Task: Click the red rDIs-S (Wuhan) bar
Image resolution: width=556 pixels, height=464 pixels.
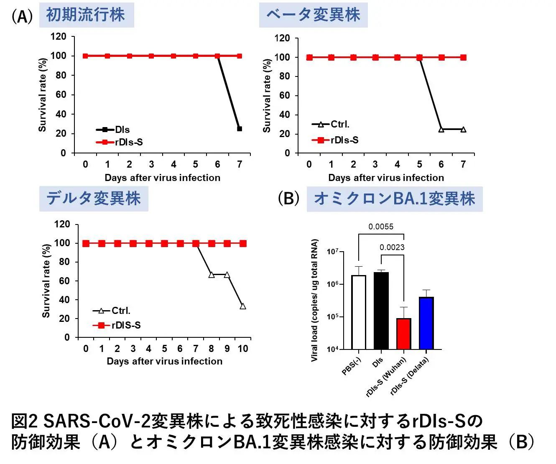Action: click(x=404, y=334)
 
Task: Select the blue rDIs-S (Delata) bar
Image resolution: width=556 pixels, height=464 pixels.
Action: click(x=426, y=323)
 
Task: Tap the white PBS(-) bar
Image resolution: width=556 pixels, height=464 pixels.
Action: click(x=359, y=312)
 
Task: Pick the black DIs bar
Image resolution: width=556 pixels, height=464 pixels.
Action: click(x=381, y=311)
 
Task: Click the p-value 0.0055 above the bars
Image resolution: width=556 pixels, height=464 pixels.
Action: click(x=381, y=227)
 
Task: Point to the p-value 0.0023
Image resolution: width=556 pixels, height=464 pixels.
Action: click(x=392, y=247)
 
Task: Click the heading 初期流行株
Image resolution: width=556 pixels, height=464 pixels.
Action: click(x=86, y=15)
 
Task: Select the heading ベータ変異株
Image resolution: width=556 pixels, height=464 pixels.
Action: click(x=313, y=15)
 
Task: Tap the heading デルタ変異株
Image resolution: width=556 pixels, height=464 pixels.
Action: click(x=94, y=199)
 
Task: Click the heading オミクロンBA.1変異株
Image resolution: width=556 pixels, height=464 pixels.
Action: click(x=394, y=199)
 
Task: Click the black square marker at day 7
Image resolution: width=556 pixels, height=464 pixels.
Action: click(x=240, y=129)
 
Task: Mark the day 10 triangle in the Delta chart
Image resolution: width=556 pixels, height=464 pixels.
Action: click(x=243, y=306)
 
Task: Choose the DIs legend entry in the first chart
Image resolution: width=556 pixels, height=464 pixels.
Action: click(x=113, y=130)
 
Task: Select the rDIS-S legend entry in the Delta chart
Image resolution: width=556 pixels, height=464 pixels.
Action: click(x=117, y=325)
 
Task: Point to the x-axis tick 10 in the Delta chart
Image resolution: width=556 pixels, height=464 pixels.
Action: click(x=243, y=349)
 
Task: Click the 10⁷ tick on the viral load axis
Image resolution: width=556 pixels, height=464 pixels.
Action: click(x=333, y=252)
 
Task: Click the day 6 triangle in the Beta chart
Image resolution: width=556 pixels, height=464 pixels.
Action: click(x=441, y=130)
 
